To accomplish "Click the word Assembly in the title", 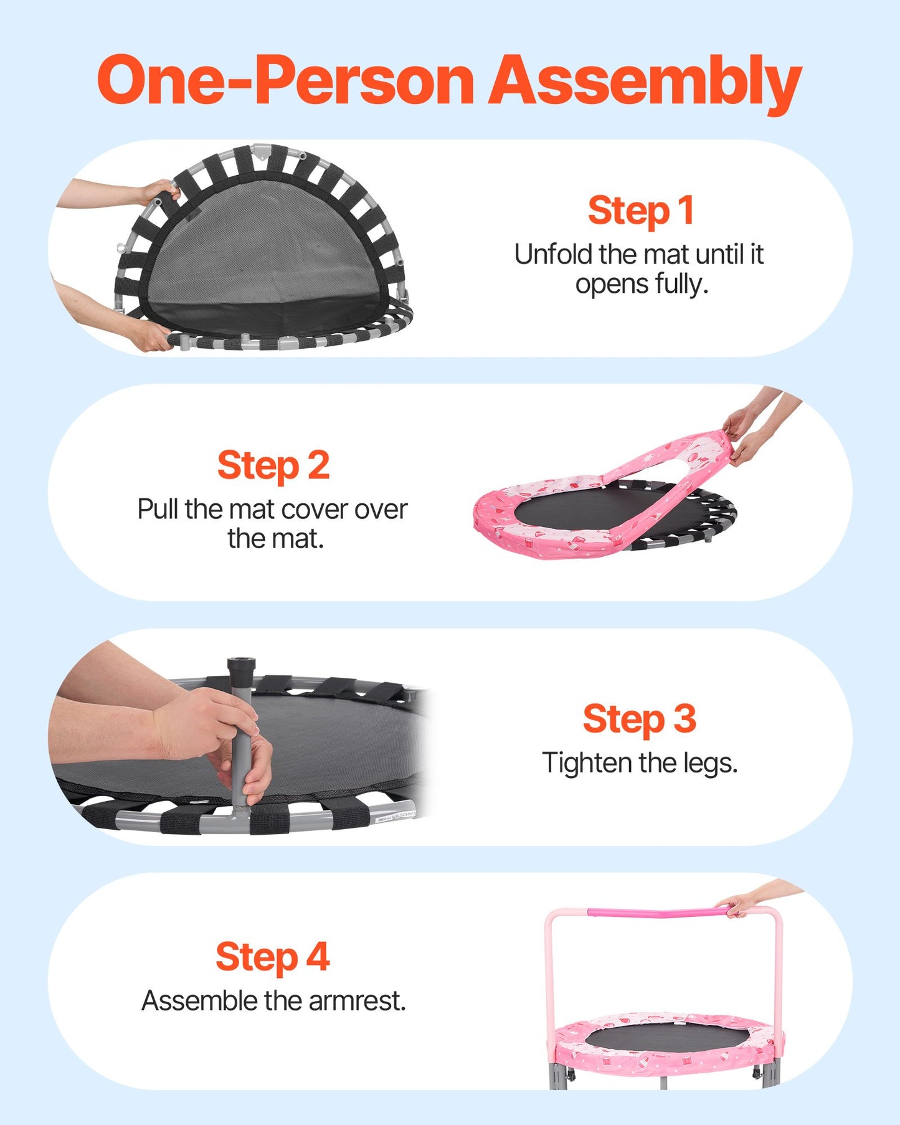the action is (645, 83).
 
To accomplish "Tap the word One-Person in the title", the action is (285, 80).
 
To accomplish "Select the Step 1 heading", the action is (641, 211).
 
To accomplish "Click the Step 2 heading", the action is (273, 465).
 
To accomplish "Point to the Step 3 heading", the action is (640, 719).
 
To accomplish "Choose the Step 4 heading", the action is (273, 957).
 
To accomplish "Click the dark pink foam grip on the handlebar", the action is (658, 913).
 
